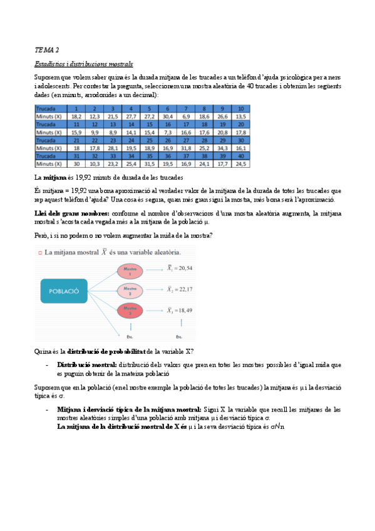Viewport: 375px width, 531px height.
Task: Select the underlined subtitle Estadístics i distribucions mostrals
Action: (83, 64)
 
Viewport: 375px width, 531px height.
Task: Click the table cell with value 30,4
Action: (168, 116)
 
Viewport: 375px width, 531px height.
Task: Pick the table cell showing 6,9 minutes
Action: (186, 116)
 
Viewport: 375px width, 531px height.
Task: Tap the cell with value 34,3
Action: (223, 148)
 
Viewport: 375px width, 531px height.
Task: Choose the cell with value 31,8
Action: (186, 148)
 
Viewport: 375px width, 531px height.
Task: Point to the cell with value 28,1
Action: (113, 148)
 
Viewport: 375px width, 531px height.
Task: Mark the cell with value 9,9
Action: (95, 132)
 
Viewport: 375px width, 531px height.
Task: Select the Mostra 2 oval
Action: (130, 291)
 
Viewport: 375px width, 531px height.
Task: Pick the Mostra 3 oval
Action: (130, 311)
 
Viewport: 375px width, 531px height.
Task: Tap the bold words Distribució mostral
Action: (86, 364)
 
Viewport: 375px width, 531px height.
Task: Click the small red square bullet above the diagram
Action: (39, 252)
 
